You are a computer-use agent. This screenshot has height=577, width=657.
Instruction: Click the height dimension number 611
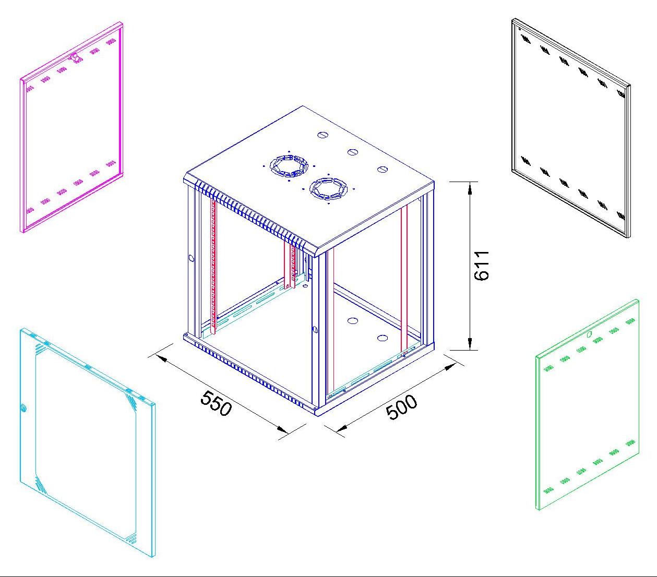pyautogui.click(x=481, y=266)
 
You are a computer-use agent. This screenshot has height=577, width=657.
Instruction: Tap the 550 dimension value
pyautogui.click(x=216, y=403)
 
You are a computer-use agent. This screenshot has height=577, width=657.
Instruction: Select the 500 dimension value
pyautogui.click(x=401, y=407)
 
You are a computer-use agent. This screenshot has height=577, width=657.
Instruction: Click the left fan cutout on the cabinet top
pyautogui.click(x=289, y=166)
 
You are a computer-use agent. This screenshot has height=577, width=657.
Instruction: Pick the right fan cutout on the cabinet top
pyautogui.click(x=328, y=188)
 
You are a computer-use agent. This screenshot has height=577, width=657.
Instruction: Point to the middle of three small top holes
pyautogui.click(x=353, y=152)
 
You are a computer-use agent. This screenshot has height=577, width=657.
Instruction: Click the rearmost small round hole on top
pyautogui.click(x=322, y=135)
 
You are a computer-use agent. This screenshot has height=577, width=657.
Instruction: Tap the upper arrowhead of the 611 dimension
pyautogui.click(x=470, y=188)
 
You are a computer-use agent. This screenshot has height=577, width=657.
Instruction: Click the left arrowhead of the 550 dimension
pyautogui.click(x=161, y=359)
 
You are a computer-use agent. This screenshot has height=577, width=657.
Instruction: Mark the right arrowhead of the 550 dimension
pyautogui.click(x=281, y=428)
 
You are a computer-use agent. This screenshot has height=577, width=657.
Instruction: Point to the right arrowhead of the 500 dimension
pyautogui.click(x=450, y=367)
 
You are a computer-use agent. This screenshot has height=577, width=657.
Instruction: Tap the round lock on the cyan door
pyautogui.click(x=23, y=407)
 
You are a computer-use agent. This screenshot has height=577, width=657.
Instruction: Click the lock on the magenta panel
pyautogui.click(x=75, y=57)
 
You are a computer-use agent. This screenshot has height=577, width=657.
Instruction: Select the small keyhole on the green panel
pyautogui.click(x=589, y=334)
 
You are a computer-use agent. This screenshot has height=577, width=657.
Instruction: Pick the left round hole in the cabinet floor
pyautogui.click(x=352, y=321)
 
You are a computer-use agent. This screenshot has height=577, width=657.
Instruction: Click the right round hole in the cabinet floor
pyautogui.click(x=383, y=338)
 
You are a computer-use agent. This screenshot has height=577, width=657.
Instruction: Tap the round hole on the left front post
pyautogui.click(x=192, y=258)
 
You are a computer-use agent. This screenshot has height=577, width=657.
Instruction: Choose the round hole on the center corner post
pyautogui.click(x=315, y=330)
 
